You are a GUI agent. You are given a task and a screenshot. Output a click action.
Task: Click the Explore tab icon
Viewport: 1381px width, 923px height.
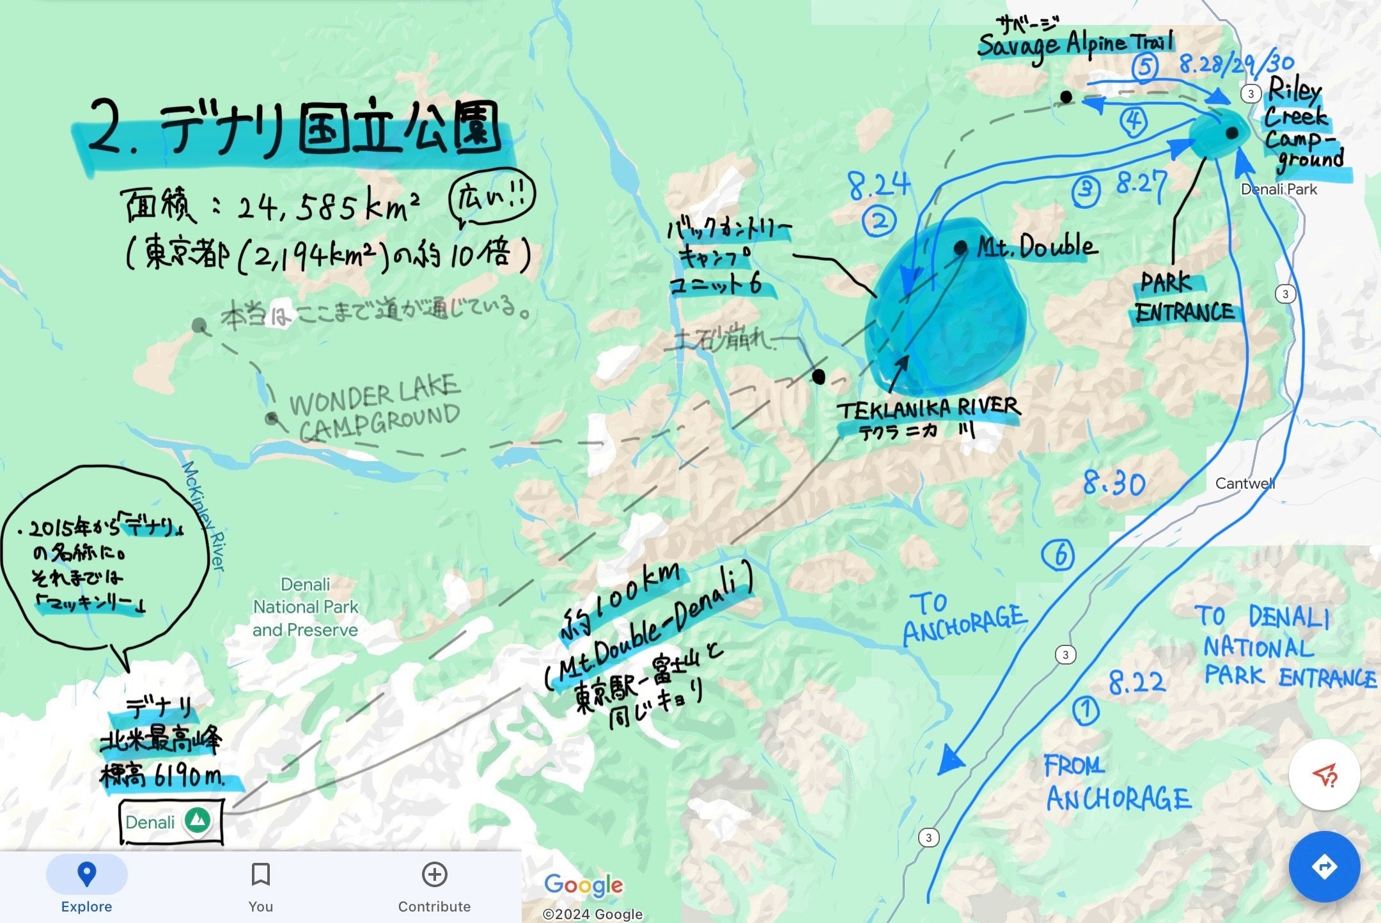86,874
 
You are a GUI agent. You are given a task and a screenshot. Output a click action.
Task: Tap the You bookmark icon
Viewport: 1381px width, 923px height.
261,874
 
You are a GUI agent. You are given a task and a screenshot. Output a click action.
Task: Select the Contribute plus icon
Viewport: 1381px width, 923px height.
435,874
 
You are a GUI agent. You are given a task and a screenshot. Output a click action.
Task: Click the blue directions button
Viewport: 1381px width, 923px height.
1324,867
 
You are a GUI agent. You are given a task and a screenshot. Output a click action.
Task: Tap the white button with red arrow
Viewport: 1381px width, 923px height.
1324,775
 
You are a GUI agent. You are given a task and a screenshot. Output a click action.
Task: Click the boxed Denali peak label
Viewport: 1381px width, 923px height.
171,821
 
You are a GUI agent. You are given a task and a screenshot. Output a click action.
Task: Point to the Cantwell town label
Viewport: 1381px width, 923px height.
1245,484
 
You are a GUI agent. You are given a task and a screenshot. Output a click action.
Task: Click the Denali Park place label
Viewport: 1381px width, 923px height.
1279,189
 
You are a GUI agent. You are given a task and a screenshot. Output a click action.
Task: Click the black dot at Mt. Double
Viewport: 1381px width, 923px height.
960,248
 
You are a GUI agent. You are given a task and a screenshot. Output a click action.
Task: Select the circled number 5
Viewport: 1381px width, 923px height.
1145,67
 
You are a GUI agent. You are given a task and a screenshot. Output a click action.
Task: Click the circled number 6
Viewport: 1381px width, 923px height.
1058,555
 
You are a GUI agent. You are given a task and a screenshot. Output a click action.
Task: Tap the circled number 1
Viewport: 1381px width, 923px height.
1085,711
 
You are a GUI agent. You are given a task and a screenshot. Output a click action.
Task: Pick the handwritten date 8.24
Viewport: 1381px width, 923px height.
879,185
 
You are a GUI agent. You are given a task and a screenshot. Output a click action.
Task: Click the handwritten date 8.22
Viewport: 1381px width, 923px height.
1137,682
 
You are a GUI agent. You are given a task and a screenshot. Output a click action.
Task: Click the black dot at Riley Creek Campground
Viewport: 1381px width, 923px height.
1232,133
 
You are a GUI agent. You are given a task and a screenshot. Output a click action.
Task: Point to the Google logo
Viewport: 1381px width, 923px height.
583,885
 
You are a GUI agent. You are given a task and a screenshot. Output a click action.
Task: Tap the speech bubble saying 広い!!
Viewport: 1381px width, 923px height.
492,198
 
